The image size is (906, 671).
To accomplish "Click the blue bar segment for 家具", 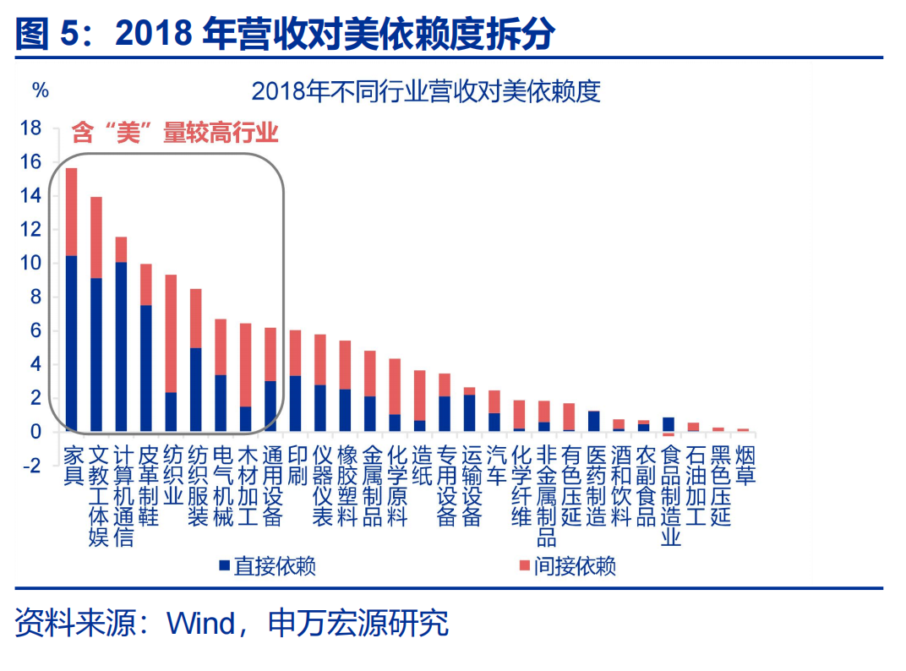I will pos(72,343).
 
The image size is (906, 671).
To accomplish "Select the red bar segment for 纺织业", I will pos(171,333).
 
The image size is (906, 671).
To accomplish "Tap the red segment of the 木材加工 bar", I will pos(246,365).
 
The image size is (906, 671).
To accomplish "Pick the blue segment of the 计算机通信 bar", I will pos(122,346).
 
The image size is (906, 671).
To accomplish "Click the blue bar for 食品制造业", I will pos(669,424).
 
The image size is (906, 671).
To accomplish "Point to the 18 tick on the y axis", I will pos(30,128).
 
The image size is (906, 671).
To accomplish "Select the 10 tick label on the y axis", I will pos(30,263).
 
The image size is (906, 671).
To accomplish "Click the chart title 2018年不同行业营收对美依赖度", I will pos(426,91).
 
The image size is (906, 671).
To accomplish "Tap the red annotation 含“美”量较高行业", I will pos(175,133).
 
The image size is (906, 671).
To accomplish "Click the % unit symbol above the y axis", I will pos(40,90).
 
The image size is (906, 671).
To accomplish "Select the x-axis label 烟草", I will pos(745,465).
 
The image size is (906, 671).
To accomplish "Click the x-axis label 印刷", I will pos(296,465).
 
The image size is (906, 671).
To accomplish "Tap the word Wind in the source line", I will pos(201,624).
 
